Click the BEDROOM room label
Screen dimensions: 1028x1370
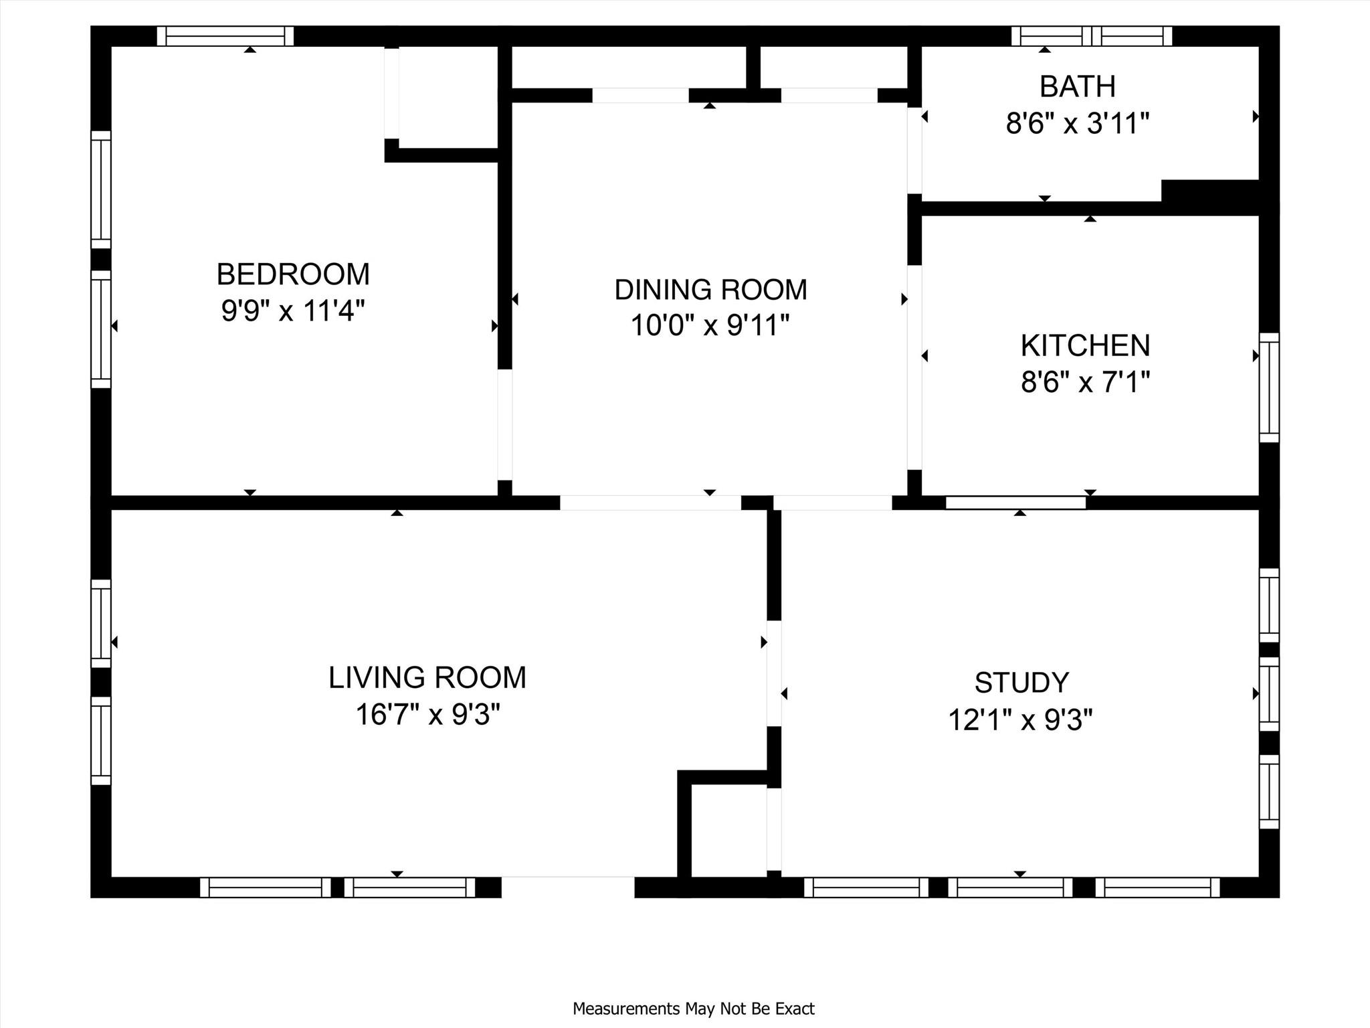click(x=293, y=274)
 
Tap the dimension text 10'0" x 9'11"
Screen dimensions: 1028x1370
click(x=710, y=326)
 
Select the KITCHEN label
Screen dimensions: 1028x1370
click(x=1085, y=346)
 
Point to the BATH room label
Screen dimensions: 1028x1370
click(x=1077, y=87)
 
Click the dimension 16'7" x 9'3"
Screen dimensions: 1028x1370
click(x=427, y=715)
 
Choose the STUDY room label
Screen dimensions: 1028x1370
click(x=1021, y=683)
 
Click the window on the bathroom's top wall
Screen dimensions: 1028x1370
click(x=1091, y=36)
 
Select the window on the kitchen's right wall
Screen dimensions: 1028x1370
click(x=1269, y=388)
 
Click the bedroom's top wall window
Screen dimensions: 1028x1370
click(x=225, y=36)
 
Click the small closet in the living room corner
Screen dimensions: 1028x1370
click(x=728, y=830)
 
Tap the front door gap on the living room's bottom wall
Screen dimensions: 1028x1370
click(x=567, y=886)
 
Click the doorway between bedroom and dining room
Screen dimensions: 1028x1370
click(x=505, y=424)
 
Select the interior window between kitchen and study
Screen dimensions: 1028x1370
click(x=1015, y=503)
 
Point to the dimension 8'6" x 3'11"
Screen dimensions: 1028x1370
click(x=1077, y=124)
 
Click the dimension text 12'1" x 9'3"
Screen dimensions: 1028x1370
click(x=1020, y=721)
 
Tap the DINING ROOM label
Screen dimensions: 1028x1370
click(x=710, y=290)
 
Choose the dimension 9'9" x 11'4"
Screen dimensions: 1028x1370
click(x=293, y=311)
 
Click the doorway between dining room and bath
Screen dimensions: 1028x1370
click(x=914, y=150)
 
